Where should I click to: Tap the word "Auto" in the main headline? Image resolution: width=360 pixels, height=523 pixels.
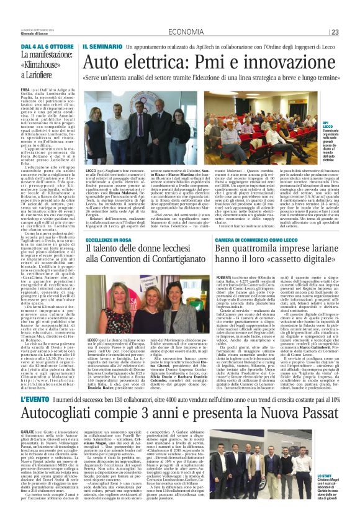(x=106, y=61)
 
